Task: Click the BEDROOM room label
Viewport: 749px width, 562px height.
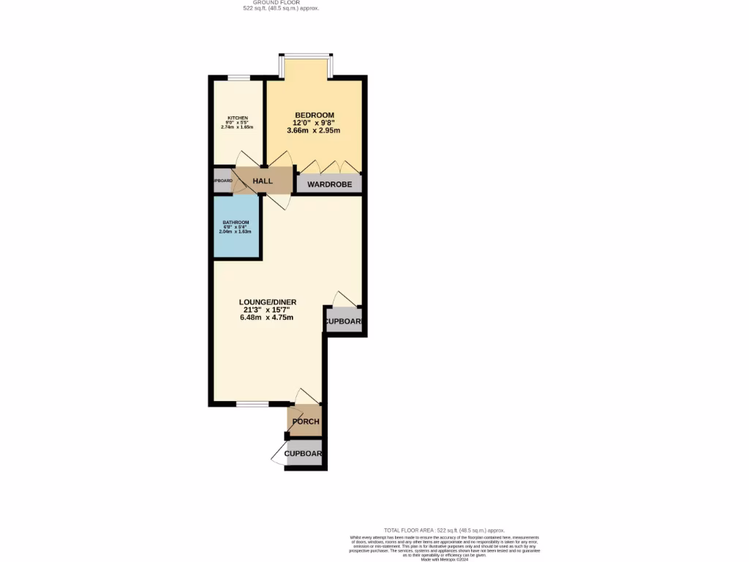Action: point(315,115)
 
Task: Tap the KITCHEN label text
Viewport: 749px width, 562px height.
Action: point(237,118)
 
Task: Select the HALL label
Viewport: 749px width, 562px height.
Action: point(263,181)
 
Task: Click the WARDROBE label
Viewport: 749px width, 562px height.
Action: point(329,184)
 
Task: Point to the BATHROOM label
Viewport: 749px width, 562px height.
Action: point(236,222)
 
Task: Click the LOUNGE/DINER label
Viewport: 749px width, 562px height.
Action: point(266,301)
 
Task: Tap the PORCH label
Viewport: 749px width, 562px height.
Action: point(305,421)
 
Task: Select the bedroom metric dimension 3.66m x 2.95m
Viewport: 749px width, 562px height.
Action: point(314,130)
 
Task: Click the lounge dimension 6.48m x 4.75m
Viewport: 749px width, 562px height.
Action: point(266,318)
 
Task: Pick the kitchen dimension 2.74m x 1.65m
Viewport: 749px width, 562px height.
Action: point(237,127)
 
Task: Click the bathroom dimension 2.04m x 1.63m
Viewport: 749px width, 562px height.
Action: point(236,231)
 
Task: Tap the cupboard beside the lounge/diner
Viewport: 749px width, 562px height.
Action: point(344,321)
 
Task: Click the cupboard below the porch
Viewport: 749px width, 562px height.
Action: point(304,454)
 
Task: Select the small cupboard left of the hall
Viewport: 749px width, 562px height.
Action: point(222,181)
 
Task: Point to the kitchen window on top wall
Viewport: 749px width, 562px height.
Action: point(238,78)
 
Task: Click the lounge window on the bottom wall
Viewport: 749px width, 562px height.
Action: point(252,403)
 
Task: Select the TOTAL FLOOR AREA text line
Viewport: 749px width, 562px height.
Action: point(445,530)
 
